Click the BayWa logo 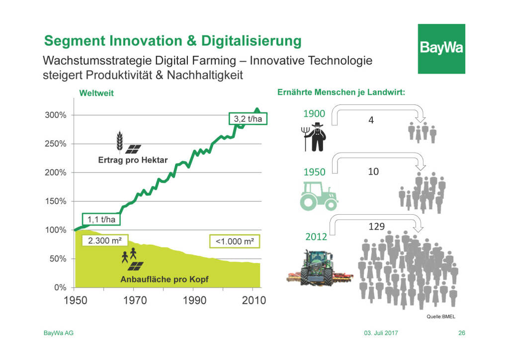click(x=441, y=49)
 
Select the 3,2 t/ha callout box click(x=248, y=119)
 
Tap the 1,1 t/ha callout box click(x=101, y=219)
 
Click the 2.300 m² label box click(x=105, y=241)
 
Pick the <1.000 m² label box click(x=235, y=241)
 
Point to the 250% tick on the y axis click(x=56, y=144)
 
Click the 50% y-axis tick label click(x=58, y=259)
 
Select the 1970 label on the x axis click(x=135, y=300)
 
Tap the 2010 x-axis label click(x=254, y=300)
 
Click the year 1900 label click(x=314, y=113)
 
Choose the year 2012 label click(x=316, y=237)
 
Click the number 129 click(x=377, y=226)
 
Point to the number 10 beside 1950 click(x=373, y=172)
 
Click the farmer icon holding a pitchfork click(x=314, y=137)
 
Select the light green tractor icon click(x=319, y=196)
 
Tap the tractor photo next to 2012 click(x=320, y=268)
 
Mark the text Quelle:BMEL click(x=441, y=317)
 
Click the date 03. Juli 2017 click(x=381, y=333)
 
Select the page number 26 click(x=462, y=333)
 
